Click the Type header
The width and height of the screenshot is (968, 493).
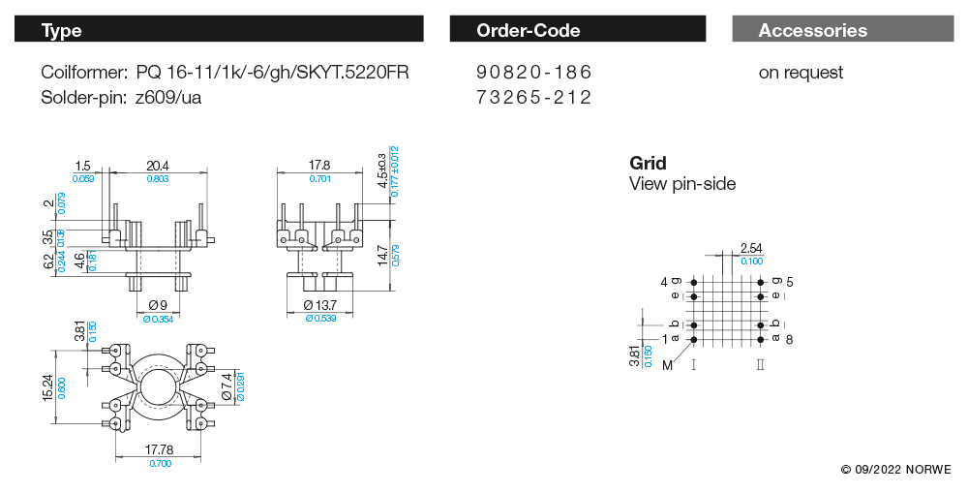tap(62, 30)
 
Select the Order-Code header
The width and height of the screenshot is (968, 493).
tap(529, 30)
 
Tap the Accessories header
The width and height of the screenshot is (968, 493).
tap(813, 30)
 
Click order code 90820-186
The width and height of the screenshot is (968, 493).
tap(533, 73)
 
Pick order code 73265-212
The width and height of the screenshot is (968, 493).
tap(533, 97)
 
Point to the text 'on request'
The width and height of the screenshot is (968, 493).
tap(801, 73)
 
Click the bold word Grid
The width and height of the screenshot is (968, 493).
tap(648, 163)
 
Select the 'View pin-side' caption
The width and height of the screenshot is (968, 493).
tap(682, 183)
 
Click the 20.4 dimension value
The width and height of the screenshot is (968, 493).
tap(157, 166)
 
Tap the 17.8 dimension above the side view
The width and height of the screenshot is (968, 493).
tap(319, 166)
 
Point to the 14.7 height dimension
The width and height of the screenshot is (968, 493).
tap(383, 256)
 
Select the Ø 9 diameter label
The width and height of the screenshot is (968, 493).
tap(158, 305)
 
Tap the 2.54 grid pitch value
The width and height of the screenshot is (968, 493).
tap(750, 249)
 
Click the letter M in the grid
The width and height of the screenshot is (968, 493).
tap(667, 365)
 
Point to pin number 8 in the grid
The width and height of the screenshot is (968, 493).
tap(790, 339)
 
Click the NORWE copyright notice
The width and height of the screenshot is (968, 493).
tap(895, 470)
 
